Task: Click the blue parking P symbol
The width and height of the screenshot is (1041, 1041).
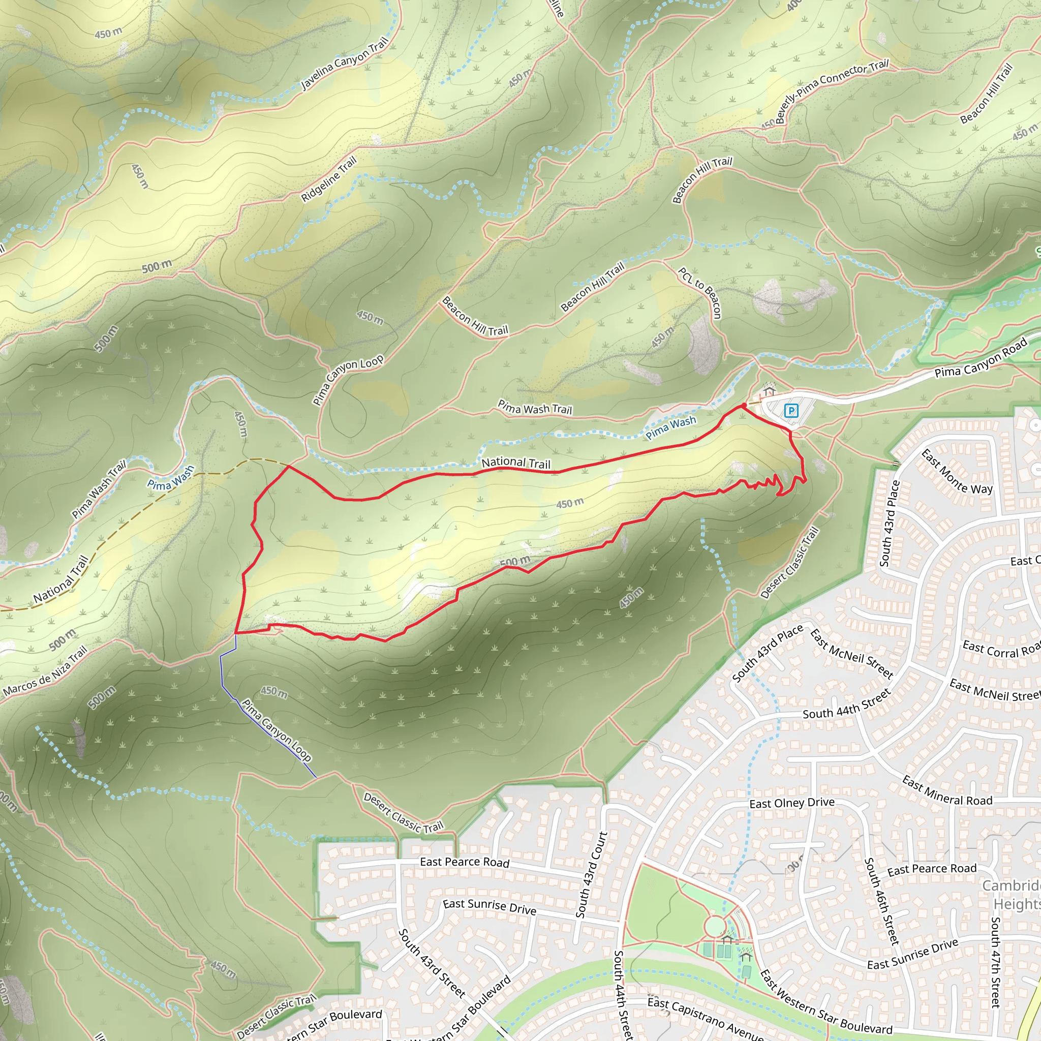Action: pyautogui.click(x=790, y=411)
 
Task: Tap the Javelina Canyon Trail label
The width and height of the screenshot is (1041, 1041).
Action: pyautogui.click(x=344, y=64)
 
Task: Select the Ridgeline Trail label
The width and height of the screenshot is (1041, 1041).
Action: pyautogui.click(x=329, y=179)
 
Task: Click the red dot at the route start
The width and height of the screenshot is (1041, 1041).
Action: pyautogui.click(x=744, y=405)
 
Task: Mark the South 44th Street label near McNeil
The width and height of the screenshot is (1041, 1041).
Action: pyautogui.click(x=846, y=704)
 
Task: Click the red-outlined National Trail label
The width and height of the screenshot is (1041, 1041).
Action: pyautogui.click(x=515, y=463)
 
